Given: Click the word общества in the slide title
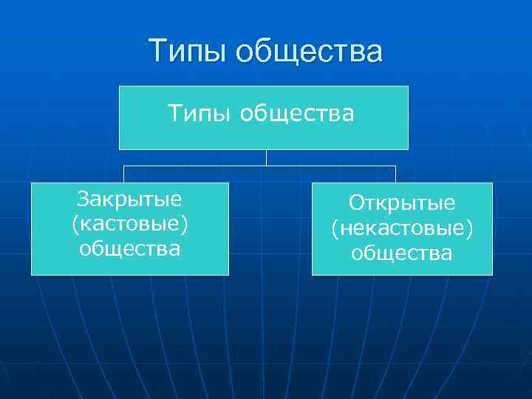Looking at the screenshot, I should coord(311,52).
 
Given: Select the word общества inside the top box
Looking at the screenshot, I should coord(296,114).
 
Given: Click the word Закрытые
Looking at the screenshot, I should coord(130,199).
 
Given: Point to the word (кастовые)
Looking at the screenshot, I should coord(130,223).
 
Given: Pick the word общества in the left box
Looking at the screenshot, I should coord(130,248).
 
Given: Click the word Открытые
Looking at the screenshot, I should coord(402,202).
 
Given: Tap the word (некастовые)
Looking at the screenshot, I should coord(402,228).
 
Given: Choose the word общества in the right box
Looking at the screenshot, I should coord(402,253).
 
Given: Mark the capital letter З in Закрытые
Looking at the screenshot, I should coord(83,199).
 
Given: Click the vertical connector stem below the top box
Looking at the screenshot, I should coord(267,157).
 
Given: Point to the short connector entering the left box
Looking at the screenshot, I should coord(123,174).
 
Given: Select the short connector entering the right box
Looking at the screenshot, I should coord(395,174).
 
